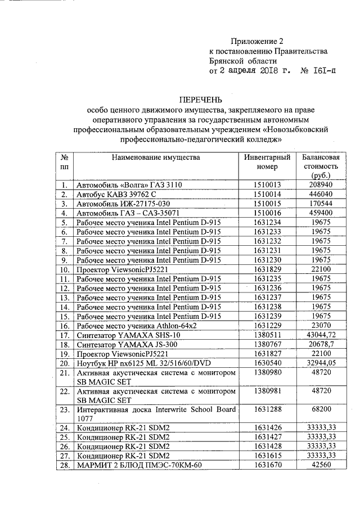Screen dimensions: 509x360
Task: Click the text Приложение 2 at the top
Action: pyautogui.click(x=255, y=41)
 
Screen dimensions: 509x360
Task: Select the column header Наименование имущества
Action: pyautogui.click(x=155, y=157)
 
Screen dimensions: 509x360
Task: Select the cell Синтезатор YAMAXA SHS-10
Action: pyautogui.click(x=125, y=335)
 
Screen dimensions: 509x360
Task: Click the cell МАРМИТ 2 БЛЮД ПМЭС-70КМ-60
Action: pyautogui.click(x=138, y=466)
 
